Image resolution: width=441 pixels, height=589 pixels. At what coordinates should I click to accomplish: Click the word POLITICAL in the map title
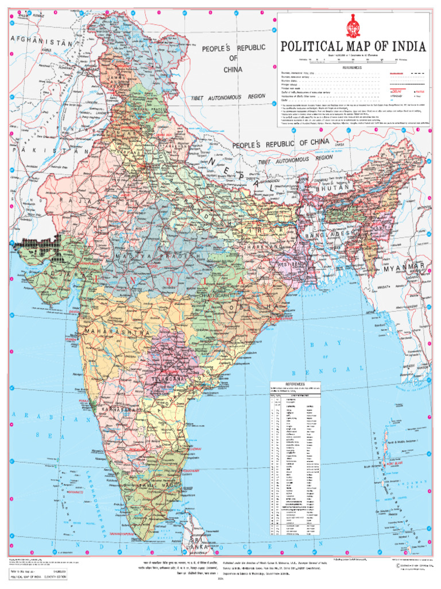point(312,47)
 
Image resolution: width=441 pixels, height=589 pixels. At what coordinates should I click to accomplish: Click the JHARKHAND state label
point(261,247)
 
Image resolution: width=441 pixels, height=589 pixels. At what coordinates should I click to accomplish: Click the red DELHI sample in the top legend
point(396,91)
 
